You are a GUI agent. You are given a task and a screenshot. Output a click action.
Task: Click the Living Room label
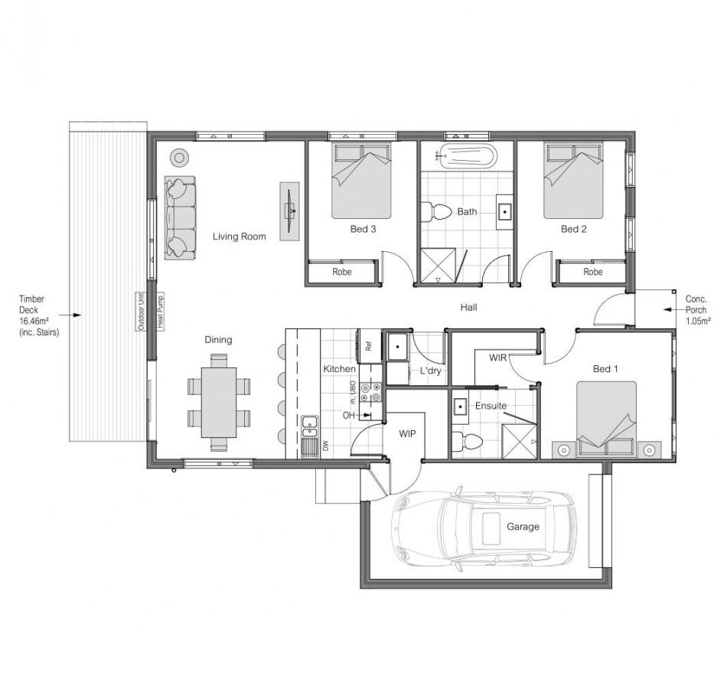tap(240, 236)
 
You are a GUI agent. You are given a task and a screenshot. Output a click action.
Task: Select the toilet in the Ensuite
tap(467, 441)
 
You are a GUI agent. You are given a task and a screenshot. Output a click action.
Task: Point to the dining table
tap(219, 402)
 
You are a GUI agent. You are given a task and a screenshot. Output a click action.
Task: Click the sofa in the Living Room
tap(180, 217)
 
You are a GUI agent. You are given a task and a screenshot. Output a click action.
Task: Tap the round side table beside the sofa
tap(179, 157)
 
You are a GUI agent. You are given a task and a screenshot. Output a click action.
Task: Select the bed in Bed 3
tap(361, 181)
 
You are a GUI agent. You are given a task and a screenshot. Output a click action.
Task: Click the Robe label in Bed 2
tap(592, 272)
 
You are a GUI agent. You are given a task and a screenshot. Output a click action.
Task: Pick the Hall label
tap(469, 307)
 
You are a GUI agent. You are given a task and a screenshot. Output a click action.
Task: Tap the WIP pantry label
tap(408, 434)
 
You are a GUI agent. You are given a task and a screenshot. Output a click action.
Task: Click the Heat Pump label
tap(161, 312)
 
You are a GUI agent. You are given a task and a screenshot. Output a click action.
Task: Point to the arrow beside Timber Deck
tap(70, 315)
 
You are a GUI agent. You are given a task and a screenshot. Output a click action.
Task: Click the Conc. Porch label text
tap(696, 310)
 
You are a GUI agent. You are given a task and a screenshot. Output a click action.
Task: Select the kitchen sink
tap(309, 427)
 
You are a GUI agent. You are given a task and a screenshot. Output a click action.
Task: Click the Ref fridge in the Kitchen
tap(368, 345)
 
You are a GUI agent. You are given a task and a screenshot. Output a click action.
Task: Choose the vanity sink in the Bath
tap(504, 212)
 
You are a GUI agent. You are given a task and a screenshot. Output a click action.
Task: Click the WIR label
tap(498, 358)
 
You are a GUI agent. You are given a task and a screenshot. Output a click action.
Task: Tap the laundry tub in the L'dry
tap(397, 347)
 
